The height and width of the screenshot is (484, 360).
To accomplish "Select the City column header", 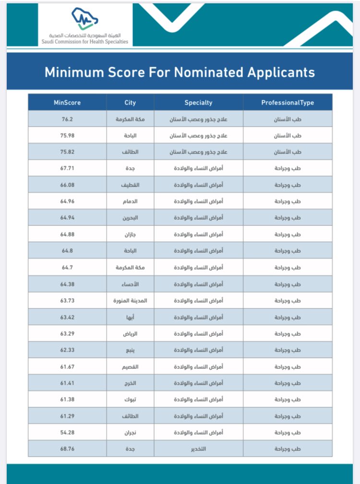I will (x=130, y=103).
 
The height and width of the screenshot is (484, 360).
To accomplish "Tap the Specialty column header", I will (x=198, y=103).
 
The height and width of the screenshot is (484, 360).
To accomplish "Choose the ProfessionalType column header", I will (x=288, y=103).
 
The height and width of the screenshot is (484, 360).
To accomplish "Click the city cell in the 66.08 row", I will (x=130, y=185).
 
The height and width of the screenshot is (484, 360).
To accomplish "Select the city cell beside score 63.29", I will (x=130, y=334).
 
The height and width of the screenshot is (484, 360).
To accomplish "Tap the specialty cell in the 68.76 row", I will (x=198, y=449).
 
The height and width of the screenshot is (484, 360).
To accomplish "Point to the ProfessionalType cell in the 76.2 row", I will (x=288, y=119).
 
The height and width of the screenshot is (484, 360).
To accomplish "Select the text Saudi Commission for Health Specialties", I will (x=85, y=42).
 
